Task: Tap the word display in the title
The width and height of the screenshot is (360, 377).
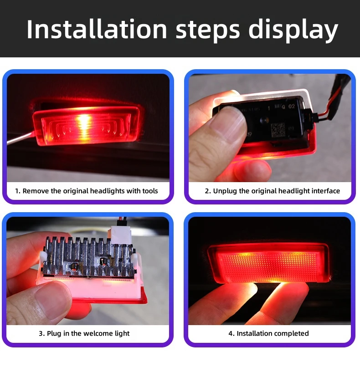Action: (293, 30)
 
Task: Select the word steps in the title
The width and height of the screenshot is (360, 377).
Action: (208, 30)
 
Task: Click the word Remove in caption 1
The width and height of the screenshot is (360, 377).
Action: (36, 191)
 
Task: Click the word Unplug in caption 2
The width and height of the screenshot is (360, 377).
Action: (225, 191)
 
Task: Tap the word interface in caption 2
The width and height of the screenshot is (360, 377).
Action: (324, 191)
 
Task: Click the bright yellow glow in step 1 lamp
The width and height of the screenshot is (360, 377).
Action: (83, 122)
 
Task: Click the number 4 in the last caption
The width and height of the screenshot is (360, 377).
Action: (230, 334)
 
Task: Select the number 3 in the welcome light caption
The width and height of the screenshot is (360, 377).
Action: (41, 334)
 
